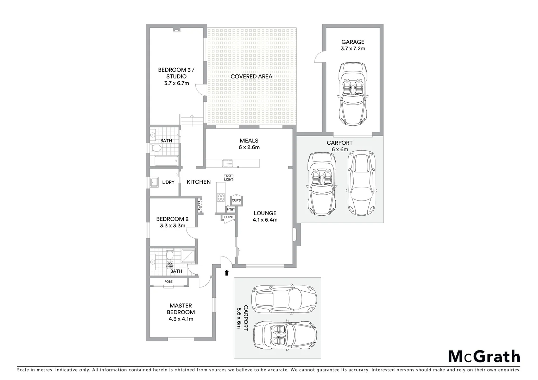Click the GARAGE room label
coord(353,42)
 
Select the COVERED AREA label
coord(251,76)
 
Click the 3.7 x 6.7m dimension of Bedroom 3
coord(176,83)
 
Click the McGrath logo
coord(484,356)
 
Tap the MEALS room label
coord(249,141)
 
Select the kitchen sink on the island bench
coord(227,163)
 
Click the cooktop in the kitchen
coord(221,197)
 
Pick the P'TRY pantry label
coord(231,210)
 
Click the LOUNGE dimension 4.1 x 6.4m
coord(265,220)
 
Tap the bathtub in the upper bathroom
coord(166,161)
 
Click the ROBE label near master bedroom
coord(169,282)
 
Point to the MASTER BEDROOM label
coord(181,309)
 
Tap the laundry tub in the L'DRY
coord(154,182)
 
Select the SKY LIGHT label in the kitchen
coord(229,178)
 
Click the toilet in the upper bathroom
coord(155,148)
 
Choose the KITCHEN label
coord(198,182)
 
